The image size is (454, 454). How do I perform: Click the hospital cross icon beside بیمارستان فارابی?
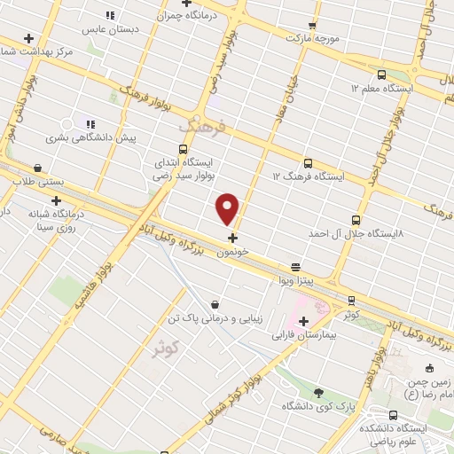[x=303, y=321]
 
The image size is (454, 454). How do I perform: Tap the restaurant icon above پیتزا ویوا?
[x=295, y=266]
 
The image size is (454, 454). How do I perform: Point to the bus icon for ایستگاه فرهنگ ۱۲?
[x=308, y=163]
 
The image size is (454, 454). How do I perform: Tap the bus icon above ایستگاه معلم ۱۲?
[x=381, y=75]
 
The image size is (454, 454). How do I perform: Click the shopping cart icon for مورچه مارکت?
[x=313, y=26]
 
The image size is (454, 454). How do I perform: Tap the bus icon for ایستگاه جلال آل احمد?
[x=356, y=219]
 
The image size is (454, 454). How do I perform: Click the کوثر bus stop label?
[x=351, y=315]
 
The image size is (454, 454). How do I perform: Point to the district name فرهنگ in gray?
[x=202, y=129]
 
